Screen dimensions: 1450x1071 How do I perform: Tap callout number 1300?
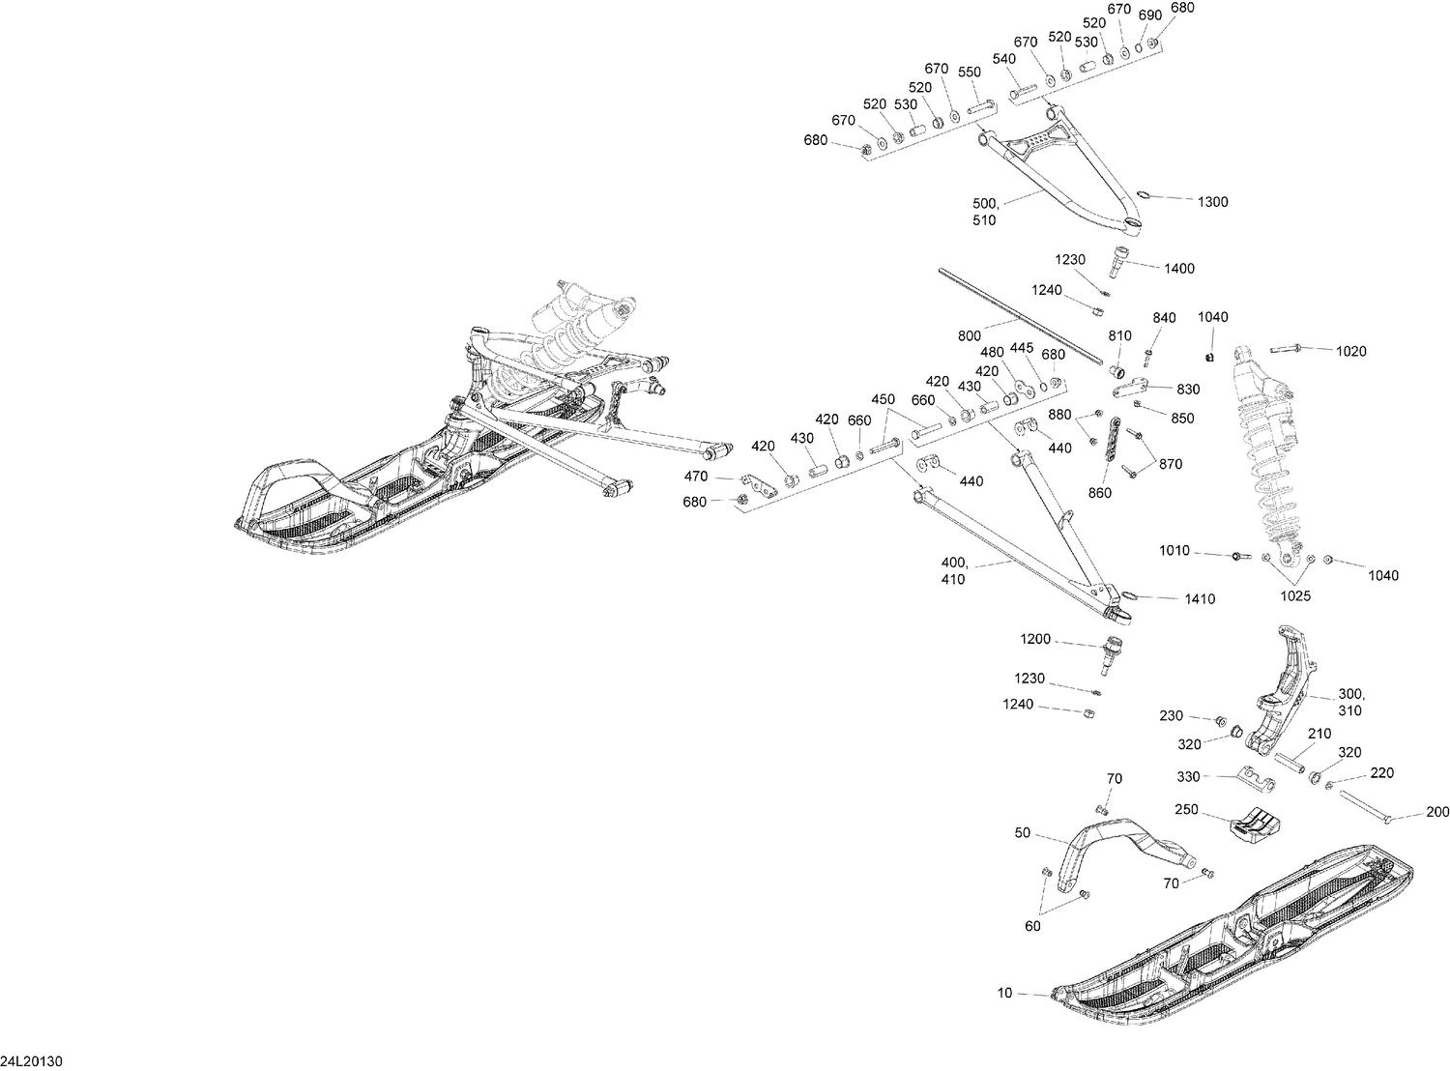pyautogui.click(x=1213, y=202)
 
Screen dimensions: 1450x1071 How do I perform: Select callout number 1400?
pyautogui.click(x=1179, y=269)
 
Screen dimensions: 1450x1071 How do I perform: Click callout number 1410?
pyautogui.click(x=1201, y=599)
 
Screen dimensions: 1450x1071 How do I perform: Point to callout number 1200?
pyautogui.click(x=1035, y=639)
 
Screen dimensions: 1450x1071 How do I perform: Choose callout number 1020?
pyautogui.click(x=1351, y=352)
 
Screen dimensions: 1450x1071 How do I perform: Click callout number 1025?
pyautogui.click(x=1295, y=595)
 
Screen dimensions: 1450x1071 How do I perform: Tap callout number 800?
pyautogui.click(x=970, y=336)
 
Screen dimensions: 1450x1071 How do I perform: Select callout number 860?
pyautogui.click(x=1100, y=493)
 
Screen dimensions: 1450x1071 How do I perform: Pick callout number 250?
pyautogui.click(x=1186, y=809)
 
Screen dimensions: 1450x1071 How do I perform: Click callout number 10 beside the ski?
pyautogui.click(x=1004, y=994)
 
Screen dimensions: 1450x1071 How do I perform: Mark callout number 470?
pyautogui.click(x=696, y=477)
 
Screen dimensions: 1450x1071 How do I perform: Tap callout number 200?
pyautogui.click(x=1437, y=812)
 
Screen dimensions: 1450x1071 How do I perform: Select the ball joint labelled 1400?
pyautogui.click(x=1118, y=261)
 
